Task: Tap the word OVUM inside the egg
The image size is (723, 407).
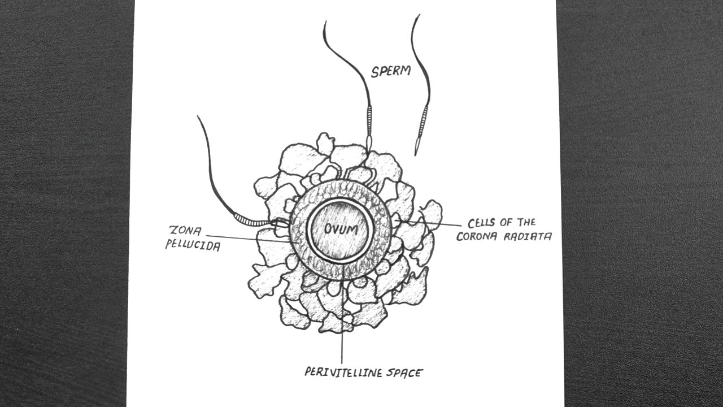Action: [339, 229]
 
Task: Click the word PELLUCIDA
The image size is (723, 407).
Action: [193, 246]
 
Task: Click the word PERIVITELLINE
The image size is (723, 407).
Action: [341, 372]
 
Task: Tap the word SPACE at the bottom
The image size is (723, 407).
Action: [403, 372]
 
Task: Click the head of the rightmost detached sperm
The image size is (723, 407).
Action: [417, 146]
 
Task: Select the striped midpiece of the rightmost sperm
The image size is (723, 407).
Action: [423, 121]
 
